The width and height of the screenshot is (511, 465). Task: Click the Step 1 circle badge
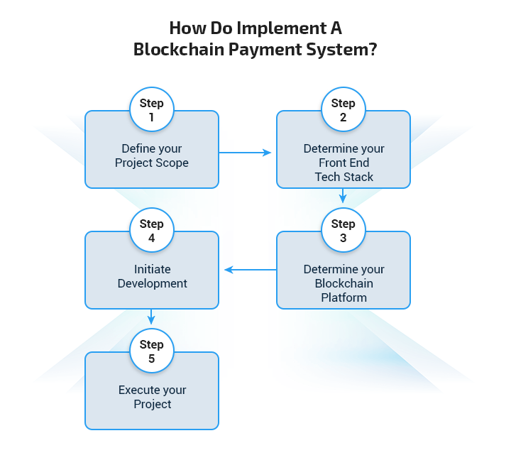152,109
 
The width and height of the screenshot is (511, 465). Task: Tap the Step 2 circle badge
344,109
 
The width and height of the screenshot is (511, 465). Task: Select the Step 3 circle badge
344,230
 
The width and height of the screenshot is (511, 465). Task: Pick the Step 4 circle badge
152,230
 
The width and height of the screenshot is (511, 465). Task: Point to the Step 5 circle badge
152,351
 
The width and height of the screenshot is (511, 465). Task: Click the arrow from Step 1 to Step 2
245,153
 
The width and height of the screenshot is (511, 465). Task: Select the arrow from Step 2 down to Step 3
343,195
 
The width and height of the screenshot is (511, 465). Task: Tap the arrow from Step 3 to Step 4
251,270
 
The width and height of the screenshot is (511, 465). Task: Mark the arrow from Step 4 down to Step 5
151,317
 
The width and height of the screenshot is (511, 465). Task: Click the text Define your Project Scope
152,155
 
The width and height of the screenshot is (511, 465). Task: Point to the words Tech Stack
344,177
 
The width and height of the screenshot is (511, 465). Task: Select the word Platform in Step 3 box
344,297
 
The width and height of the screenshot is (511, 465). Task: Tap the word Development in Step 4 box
152,283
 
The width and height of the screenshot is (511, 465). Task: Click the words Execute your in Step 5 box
152,390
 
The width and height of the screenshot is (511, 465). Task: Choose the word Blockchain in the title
179,50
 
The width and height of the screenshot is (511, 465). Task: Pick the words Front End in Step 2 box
344,163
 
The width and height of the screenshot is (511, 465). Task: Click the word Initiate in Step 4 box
152,269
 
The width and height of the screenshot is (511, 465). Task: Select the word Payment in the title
265,50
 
